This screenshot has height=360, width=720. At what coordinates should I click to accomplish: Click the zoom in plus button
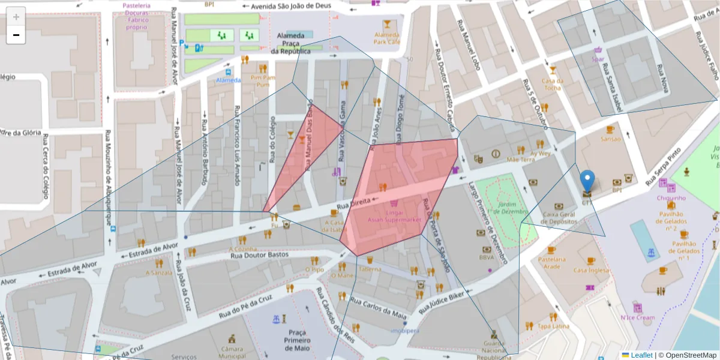click(16, 17)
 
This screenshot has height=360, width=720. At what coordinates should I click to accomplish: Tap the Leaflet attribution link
click(641, 355)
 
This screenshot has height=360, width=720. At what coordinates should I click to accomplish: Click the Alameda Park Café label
click(387, 38)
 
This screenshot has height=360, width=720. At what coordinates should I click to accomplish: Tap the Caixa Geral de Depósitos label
click(559, 218)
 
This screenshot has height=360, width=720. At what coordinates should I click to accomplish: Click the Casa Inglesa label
click(591, 270)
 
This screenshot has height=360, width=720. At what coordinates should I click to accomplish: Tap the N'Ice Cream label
click(637, 318)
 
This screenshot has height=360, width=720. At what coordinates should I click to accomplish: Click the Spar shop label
click(598, 59)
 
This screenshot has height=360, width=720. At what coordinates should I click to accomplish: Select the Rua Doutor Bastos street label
click(260, 254)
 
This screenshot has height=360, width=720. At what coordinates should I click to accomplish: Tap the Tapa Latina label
click(553, 326)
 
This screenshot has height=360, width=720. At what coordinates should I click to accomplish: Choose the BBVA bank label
click(487, 257)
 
